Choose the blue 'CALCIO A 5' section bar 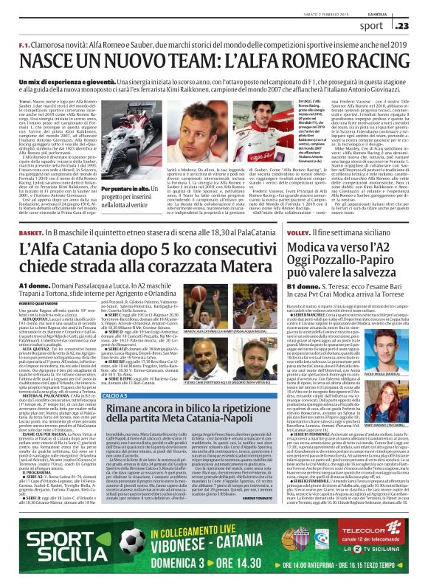point(114,396)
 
